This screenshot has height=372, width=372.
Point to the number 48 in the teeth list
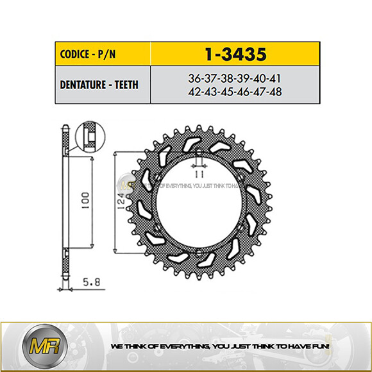tap(274, 92)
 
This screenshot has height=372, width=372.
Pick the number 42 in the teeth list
tap(194, 92)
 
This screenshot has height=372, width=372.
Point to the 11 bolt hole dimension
tap(199, 172)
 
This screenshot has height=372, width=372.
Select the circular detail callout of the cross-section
tap(89, 137)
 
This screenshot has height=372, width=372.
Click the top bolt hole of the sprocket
tap(199, 156)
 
